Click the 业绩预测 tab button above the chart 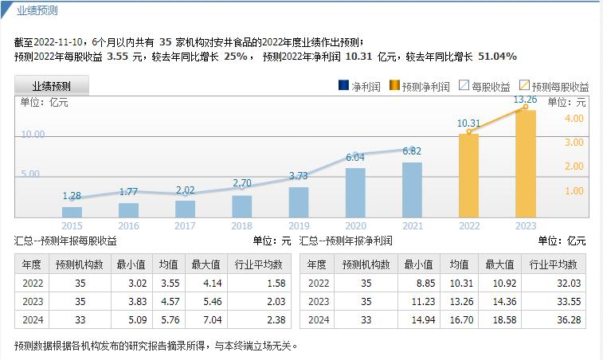click(x=52, y=86)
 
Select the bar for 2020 click(x=355, y=192)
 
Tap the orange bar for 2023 click(x=526, y=163)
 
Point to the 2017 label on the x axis click(x=185, y=226)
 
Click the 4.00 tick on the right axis click(x=574, y=118)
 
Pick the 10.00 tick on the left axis click(x=33, y=135)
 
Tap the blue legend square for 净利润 click(x=343, y=86)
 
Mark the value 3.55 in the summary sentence click(x=116, y=57)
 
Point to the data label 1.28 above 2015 click(x=72, y=196)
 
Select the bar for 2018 click(x=241, y=206)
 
